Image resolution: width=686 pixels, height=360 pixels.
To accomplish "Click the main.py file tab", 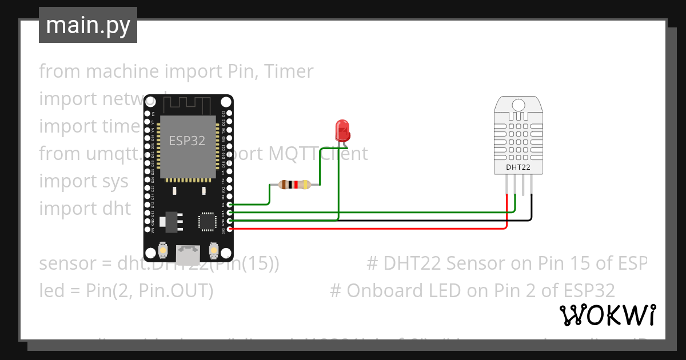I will tap(87, 25).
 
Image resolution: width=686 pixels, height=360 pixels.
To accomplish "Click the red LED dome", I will tap(343, 129).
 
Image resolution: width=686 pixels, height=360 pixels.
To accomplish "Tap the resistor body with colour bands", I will tap(294, 185).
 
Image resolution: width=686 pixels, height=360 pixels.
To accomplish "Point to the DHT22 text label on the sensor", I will tap(518, 167).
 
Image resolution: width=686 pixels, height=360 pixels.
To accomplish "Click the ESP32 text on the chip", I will tap(187, 141).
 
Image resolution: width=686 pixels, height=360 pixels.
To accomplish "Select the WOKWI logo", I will tap(607, 315).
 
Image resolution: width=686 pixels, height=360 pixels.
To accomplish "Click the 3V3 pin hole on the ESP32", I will tap(229, 229).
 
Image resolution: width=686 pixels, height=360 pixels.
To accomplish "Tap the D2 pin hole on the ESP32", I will tap(229, 204).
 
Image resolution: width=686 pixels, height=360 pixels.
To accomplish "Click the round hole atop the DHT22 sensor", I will tap(519, 105).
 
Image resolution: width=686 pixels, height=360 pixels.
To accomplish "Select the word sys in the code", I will tap(114, 181).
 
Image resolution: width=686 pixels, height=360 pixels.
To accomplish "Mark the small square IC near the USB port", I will tap(205, 221).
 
